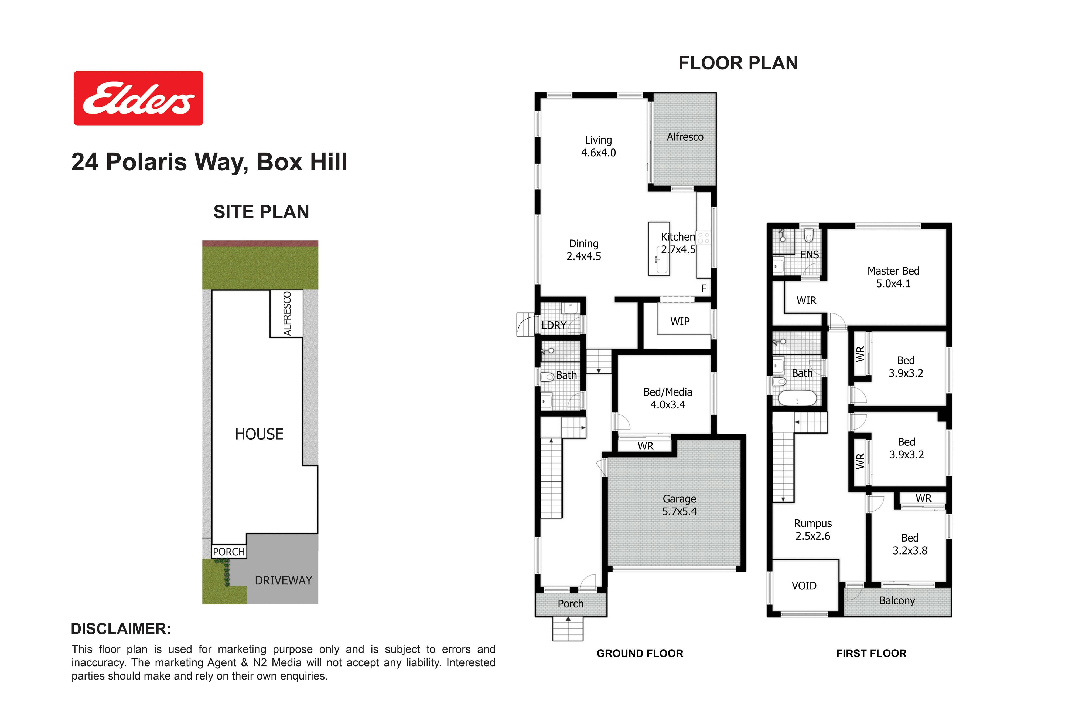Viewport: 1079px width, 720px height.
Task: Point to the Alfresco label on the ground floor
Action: (x=685, y=137)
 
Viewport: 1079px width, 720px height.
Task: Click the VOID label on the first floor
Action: (x=804, y=586)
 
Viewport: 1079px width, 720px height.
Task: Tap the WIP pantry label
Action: (x=680, y=322)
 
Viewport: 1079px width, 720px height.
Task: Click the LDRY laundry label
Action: (x=554, y=325)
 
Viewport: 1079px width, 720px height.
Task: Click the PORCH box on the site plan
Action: (x=229, y=552)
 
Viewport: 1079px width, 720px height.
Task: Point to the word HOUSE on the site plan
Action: (x=259, y=434)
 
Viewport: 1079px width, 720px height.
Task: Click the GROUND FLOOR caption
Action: (x=640, y=653)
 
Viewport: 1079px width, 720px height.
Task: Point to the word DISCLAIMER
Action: (x=121, y=629)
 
